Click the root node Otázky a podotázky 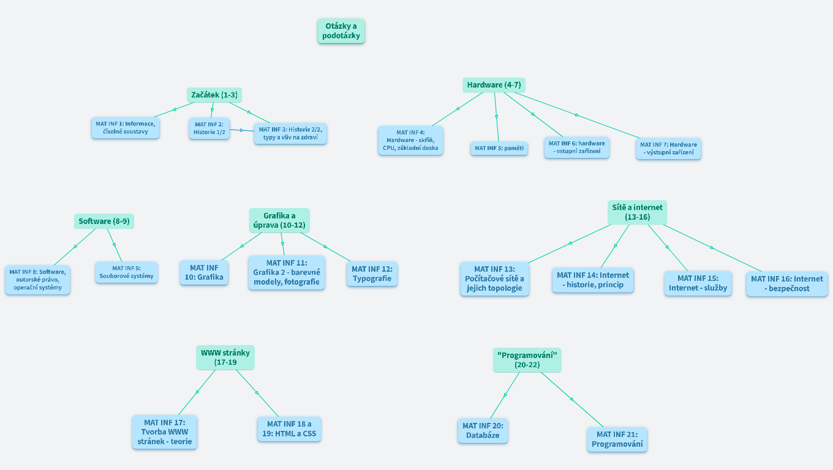coord(341,31)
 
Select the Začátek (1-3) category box coord(214,95)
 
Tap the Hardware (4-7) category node coord(494,85)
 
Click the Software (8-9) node coord(104,221)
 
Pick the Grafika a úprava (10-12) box coord(279,220)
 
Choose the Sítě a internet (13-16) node coord(638,212)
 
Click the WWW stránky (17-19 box coord(225,357)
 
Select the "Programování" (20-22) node coord(527,360)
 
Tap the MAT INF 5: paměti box coord(499,148)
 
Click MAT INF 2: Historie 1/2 coord(209,129)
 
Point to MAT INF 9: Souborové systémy coord(127,272)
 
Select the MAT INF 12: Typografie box coord(372,274)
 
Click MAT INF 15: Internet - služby coord(698,283)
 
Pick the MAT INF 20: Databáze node coord(483,431)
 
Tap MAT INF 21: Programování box coord(617,439)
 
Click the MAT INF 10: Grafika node coord(204,272)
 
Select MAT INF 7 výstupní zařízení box coord(668,149)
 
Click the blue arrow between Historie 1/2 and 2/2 coord(242,130)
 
